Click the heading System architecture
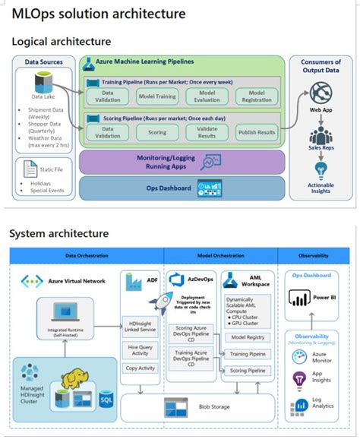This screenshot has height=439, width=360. [x=58, y=233]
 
